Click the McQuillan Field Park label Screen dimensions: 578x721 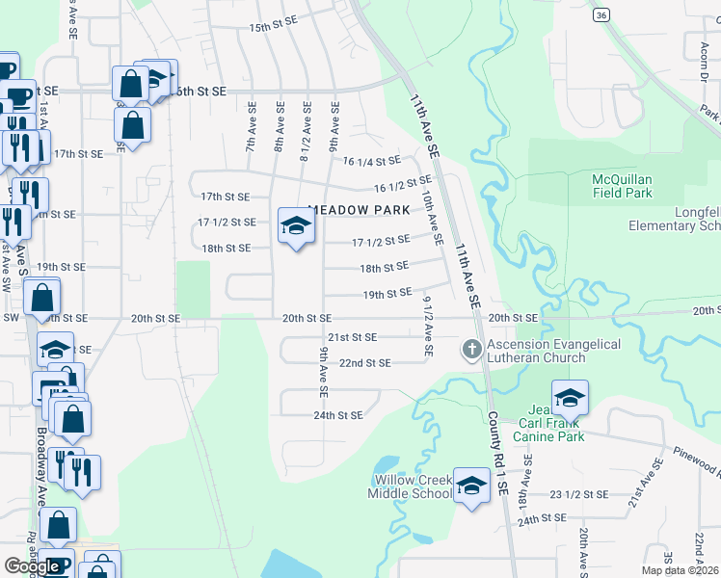pyautogui.click(x=622, y=186)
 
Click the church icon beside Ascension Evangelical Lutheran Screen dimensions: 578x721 pyautogui.click(x=472, y=348)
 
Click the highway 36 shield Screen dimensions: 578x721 pyautogui.click(x=601, y=15)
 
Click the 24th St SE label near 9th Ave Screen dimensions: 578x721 pyautogui.click(x=337, y=415)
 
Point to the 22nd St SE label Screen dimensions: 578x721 pyautogui.click(x=365, y=363)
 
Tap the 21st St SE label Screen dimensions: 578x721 pyautogui.click(x=351, y=337)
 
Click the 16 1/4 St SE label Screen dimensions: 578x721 pyautogui.click(x=371, y=162)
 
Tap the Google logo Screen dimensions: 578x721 pyautogui.click(x=31, y=566)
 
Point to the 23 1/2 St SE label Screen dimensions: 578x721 pyautogui.click(x=578, y=494)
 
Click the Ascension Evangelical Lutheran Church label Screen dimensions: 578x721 pyautogui.click(x=553, y=351)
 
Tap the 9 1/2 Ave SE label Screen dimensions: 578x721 pyautogui.click(x=427, y=326)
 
